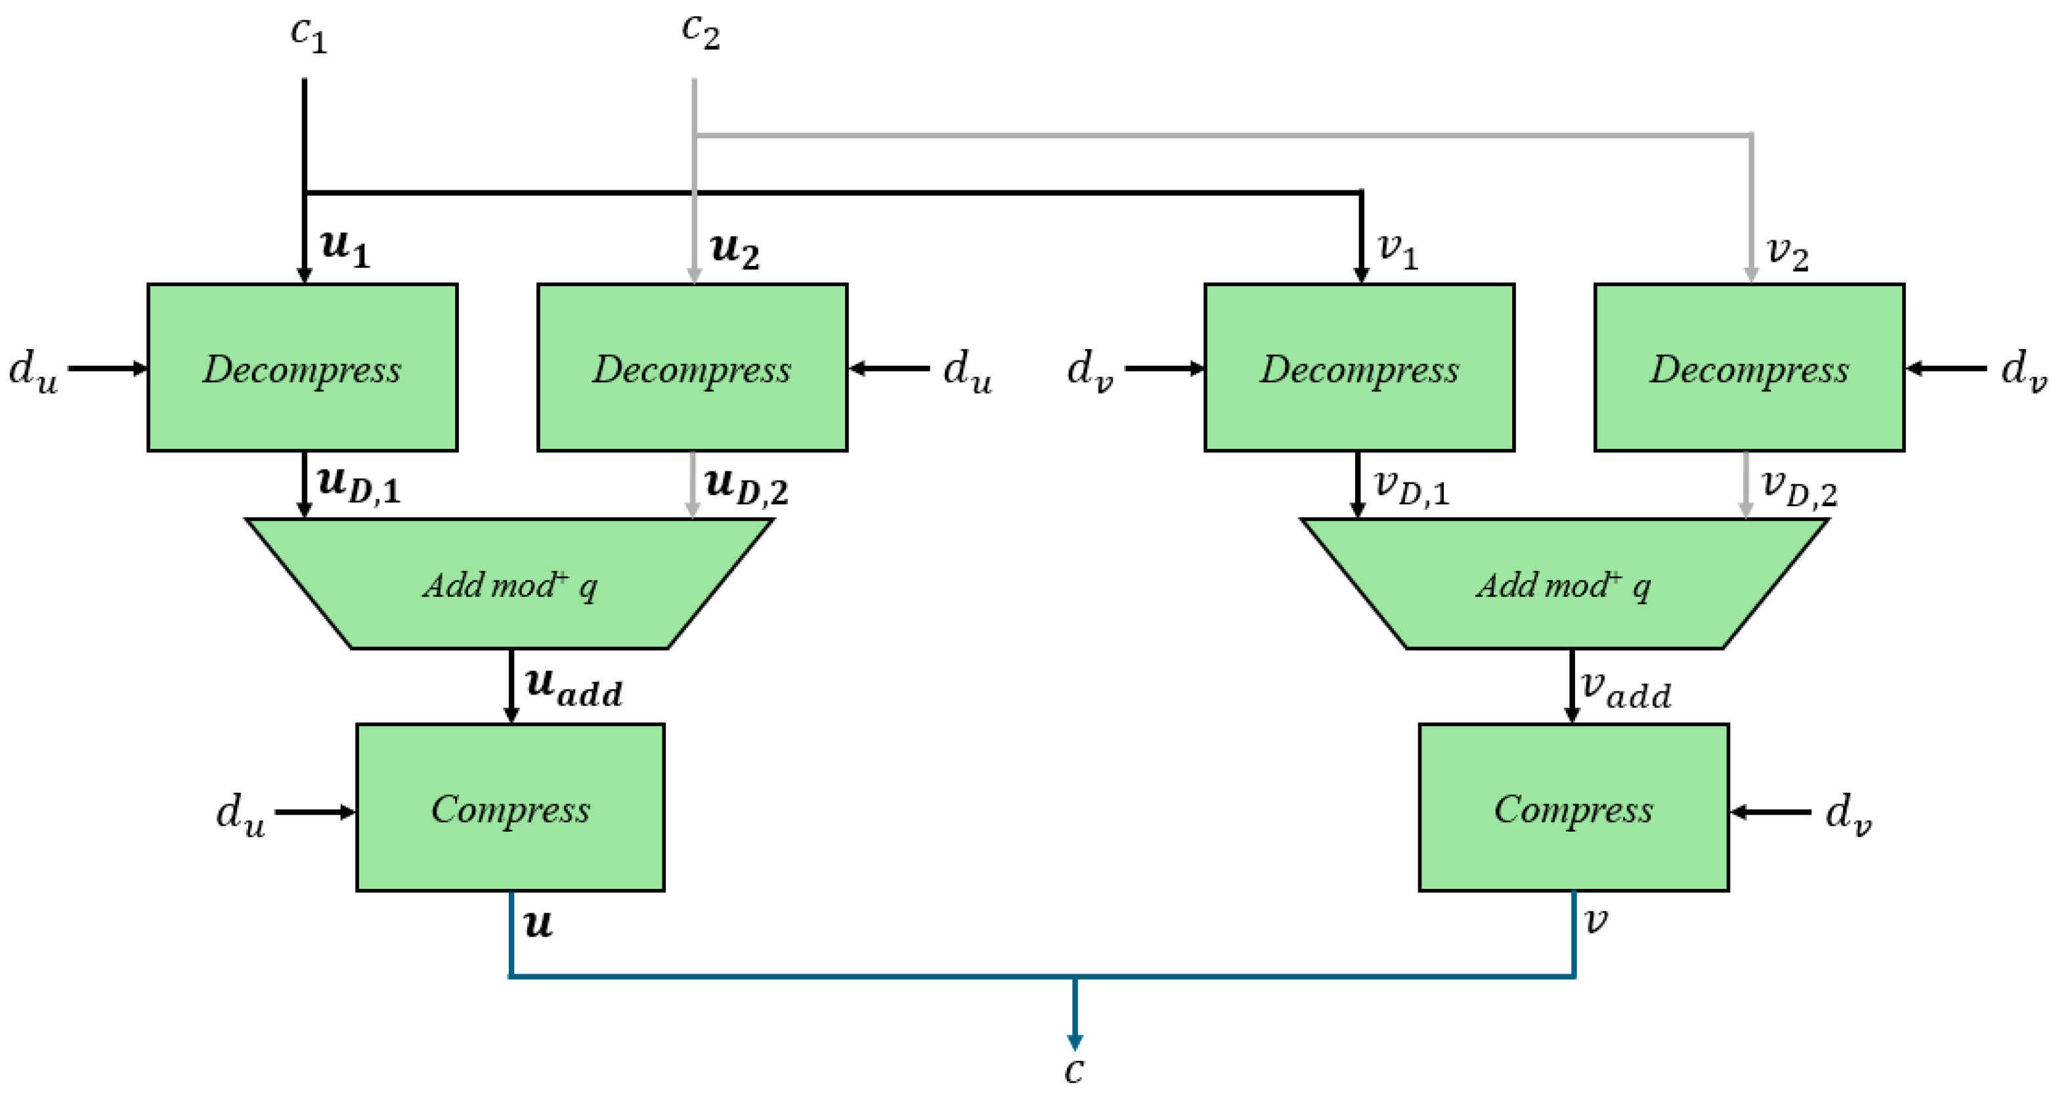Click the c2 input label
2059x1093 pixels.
(x=700, y=32)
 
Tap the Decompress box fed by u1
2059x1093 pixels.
(x=302, y=368)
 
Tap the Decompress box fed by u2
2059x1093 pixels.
(x=692, y=368)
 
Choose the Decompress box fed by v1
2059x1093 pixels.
(x=1359, y=368)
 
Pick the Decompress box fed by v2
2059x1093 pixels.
(x=1749, y=368)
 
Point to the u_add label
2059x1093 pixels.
(x=573, y=687)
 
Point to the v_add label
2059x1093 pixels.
(x=1626, y=689)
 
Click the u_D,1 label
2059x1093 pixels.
(x=359, y=486)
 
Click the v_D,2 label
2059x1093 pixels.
(x=1799, y=487)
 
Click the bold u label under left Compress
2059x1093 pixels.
(x=538, y=924)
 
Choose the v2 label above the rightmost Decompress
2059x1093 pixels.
(x=1787, y=254)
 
